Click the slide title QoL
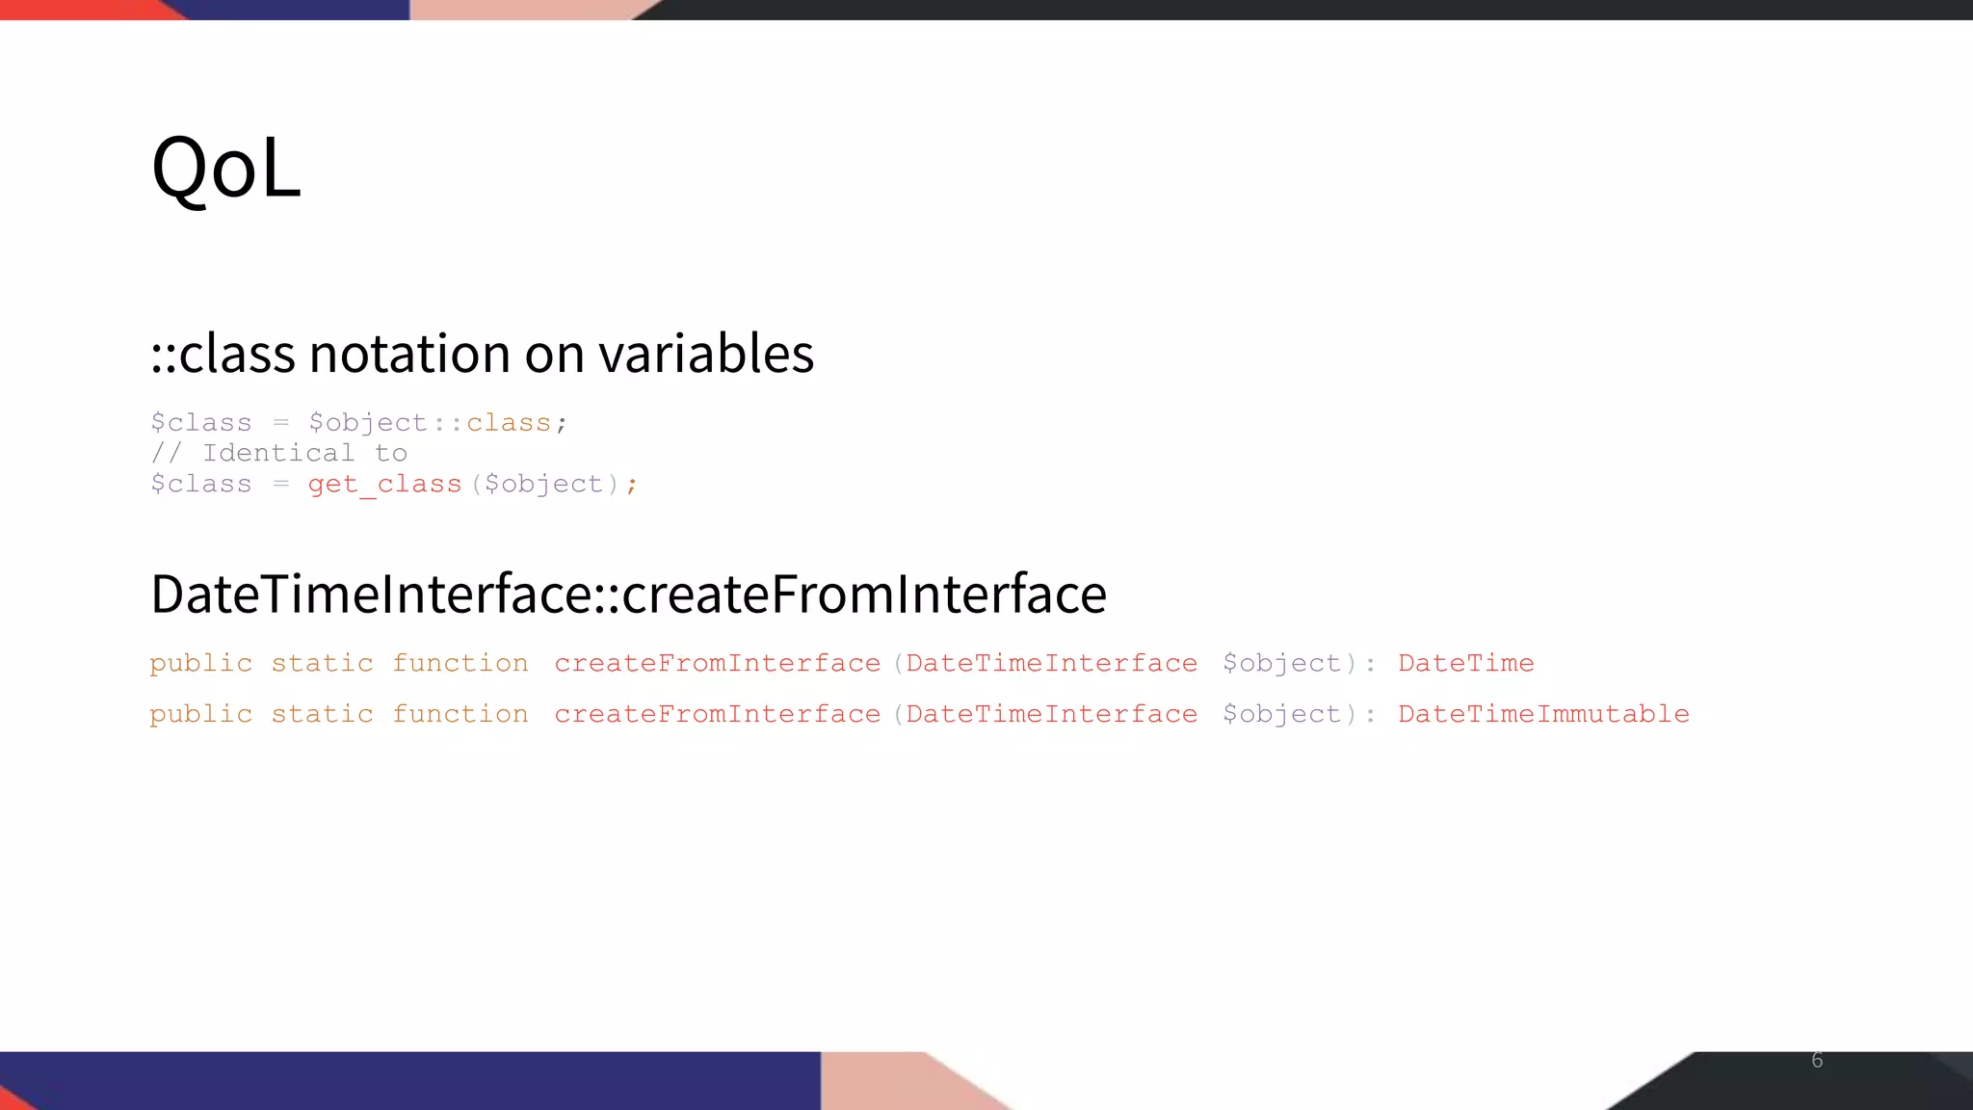pos(226,168)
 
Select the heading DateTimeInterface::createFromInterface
pos(628,594)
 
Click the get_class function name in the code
pos(384,484)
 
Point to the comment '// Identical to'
pos(278,453)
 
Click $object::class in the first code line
pos(430,423)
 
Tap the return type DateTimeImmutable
pos(1543,714)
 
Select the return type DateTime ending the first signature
pos(1465,663)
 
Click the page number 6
pos(1817,1060)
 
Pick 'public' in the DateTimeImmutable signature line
pos(200,714)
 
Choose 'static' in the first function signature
pos(322,663)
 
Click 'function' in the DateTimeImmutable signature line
pos(460,714)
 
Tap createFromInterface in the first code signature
pos(717,663)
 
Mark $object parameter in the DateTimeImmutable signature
pos(1281,714)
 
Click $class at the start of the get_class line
pos(200,484)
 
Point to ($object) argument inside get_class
pos(544,484)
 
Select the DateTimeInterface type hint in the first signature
pos(1051,663)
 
